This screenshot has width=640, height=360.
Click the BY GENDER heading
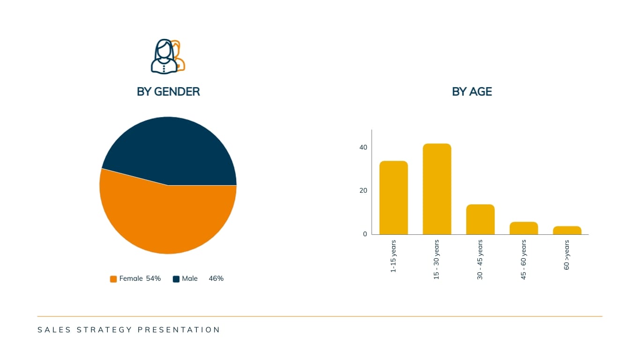(x=168, y=92)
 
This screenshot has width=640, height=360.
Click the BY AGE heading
(x=472, y=92)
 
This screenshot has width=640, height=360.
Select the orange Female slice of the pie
(x=168, y=217)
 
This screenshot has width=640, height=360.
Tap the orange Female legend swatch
(x=113, y=279)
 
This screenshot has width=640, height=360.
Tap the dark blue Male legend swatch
(x=176, y=279)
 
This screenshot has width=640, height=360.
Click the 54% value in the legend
(x=153, y=278)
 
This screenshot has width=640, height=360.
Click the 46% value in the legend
(x=216, y=278)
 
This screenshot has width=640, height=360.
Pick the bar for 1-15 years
(x=394, y=198)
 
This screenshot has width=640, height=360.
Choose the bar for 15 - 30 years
(x=437, y=189)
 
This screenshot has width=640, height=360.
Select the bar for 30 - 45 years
(x=481, y=219)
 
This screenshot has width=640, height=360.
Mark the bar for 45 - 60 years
(x=524, y=228)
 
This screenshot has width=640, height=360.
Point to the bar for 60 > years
(x=567, y=230)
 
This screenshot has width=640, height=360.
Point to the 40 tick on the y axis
(x=363, y=147)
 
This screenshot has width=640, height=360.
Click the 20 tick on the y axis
(x=363, y=190)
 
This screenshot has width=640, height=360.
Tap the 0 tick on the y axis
(x=365, y=234)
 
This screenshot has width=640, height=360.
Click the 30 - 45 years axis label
(x=480, y=260)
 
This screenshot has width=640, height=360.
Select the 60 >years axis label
(x=566, y=255)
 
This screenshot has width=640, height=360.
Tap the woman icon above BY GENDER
(x=164, y=57)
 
